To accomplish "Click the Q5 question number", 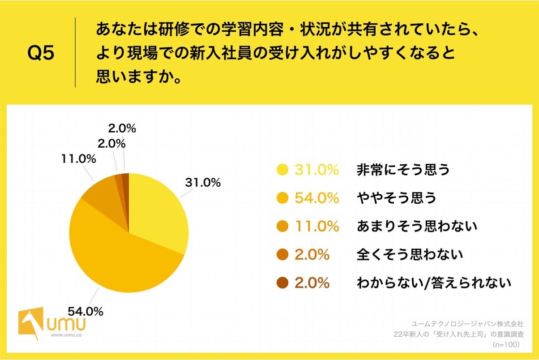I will [x=41, y=53].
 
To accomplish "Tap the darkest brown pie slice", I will [x=126, y=184].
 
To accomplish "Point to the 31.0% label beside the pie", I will [x=202, y=183].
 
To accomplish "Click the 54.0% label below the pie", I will [x=86, y=310].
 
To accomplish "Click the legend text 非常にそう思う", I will [x=403, y=170].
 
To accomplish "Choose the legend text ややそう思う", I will [x=396, y=198].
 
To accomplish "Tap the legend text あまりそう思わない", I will [x=417, y=227].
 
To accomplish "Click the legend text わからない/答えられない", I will [x=433, y=283].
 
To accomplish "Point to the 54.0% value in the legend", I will [x=317, y=198].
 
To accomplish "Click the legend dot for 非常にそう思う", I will [x=282, y=170].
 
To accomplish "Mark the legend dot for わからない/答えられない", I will [x=282, y=283].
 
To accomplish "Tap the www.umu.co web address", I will [x=66, y=334].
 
